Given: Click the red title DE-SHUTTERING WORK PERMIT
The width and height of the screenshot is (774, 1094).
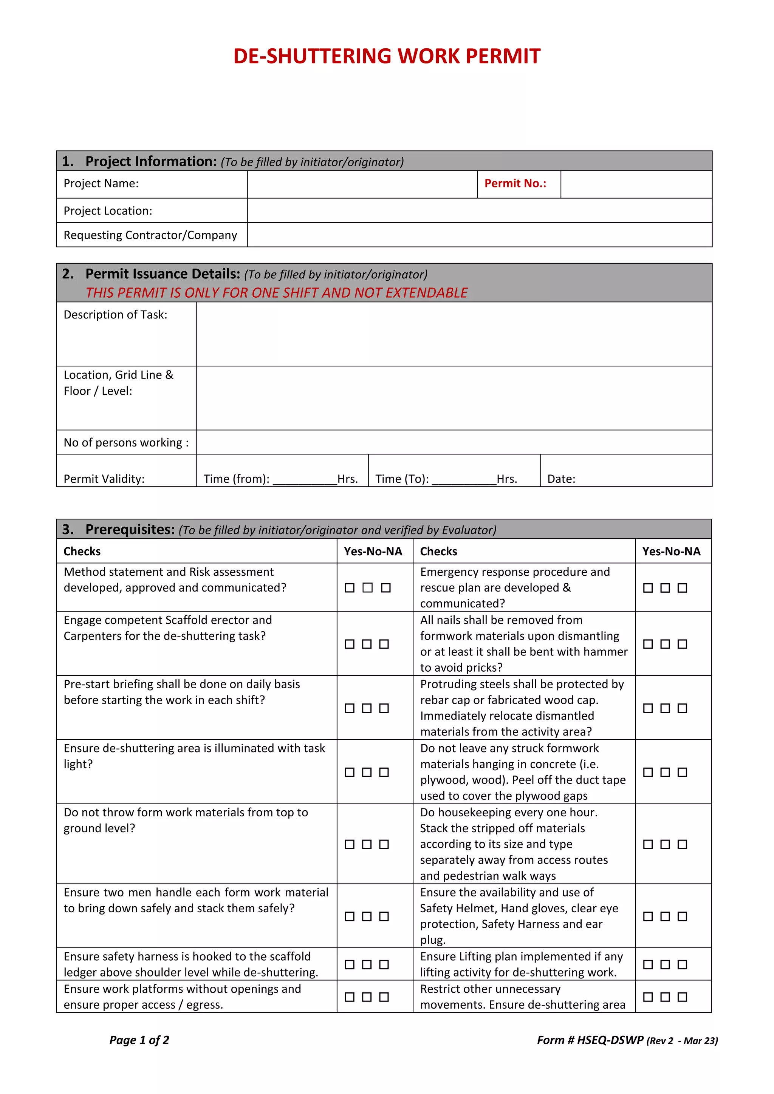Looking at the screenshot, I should coord(387,56).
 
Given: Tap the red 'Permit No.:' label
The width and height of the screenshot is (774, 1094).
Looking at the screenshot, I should coord(515,184).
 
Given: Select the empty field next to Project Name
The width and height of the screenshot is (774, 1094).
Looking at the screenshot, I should coord(362,184).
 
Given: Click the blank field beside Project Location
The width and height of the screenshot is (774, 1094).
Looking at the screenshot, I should coord(479,211).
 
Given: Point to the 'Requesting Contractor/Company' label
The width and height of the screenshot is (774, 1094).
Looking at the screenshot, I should coord(150,235).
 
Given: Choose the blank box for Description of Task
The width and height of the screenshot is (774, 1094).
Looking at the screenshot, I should coord(454,334).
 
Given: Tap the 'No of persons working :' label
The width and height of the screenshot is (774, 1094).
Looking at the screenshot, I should coord(126,443).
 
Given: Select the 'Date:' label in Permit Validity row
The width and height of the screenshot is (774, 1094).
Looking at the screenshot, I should coord(561,479).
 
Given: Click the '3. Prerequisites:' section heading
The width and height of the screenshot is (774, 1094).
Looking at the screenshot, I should coord(119,529).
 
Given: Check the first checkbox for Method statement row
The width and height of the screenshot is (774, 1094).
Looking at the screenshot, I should coord(350,588).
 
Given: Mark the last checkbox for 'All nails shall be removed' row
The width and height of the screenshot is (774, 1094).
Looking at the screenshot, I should coord(682,644).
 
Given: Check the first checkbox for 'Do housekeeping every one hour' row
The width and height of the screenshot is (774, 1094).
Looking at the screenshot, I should coord(648,844).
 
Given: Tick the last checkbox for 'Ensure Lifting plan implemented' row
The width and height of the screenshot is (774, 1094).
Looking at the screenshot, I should coord(682,964).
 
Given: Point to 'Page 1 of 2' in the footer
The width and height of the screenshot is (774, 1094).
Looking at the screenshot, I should coord(139,1040).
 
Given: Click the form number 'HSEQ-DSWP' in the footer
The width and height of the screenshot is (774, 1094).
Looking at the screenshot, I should coord(610,1040).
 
